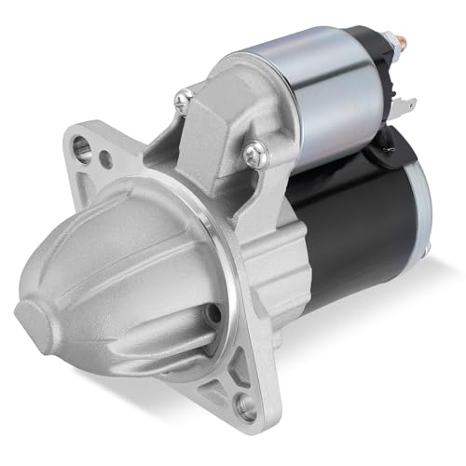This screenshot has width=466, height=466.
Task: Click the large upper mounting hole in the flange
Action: click(86, 145)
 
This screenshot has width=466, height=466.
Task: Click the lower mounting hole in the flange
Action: click(246, 404)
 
